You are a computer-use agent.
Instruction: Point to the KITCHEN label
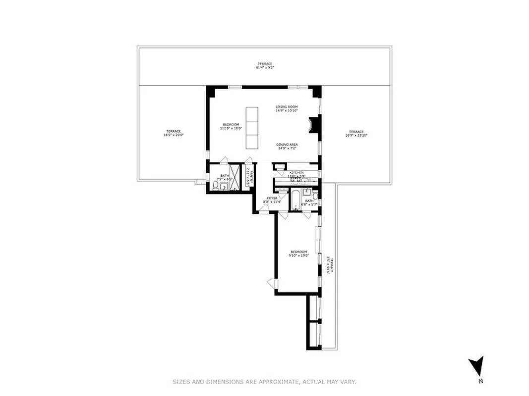tap(296, 172)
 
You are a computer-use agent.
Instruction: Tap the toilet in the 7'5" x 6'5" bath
tap(215, 186)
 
